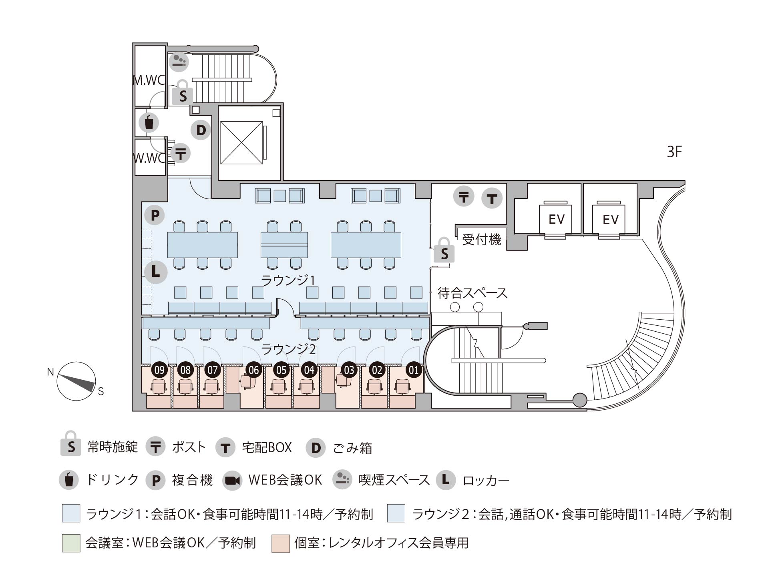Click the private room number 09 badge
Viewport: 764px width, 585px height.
coord(159,370)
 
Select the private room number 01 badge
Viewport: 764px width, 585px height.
coord(414,370)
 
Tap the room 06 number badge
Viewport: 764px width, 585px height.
coord(253,370)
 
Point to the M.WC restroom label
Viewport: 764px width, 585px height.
coord(149,80)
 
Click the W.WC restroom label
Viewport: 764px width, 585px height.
coord(149,158)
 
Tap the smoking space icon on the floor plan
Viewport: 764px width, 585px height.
coord(179,62)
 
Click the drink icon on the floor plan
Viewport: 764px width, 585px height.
coord(149,122)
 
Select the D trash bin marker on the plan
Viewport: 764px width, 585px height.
coord(201,130)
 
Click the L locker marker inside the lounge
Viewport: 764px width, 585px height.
coord(155,272)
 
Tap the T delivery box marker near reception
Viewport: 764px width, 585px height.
coord(492,198)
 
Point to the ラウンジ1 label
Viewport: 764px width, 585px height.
coord(288,280)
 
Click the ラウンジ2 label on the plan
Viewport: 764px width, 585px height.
coord(288,349)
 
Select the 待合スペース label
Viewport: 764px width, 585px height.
coord(472,293)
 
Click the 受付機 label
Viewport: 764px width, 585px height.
coord(482,240)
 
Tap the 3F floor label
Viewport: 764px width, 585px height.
coord(674,152)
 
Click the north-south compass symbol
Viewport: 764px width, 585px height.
coord(76,381)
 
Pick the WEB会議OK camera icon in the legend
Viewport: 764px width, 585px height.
coord(233,480)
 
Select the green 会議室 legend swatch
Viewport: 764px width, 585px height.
coord(71,543)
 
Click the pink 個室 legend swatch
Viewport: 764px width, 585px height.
coord(280,543)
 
